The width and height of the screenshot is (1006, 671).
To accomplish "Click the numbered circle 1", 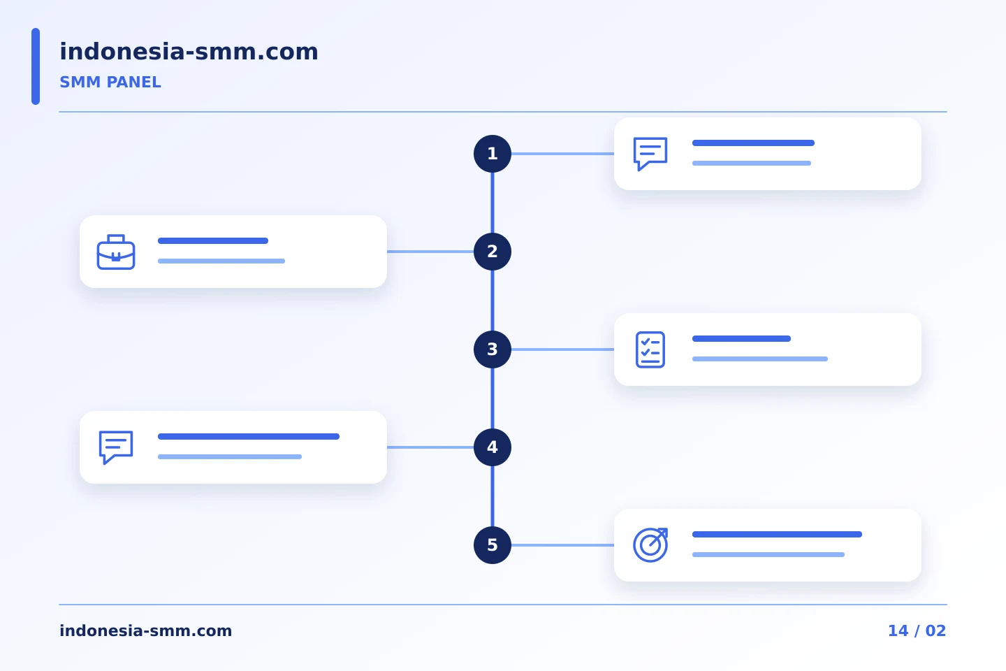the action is coord(493,154).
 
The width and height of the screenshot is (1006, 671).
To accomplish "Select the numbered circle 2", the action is coord(493,252).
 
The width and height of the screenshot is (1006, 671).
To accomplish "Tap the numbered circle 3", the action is coord(493,349).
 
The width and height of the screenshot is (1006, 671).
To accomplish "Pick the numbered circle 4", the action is coord(493,447).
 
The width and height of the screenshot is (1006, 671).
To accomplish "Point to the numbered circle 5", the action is coord(493,545).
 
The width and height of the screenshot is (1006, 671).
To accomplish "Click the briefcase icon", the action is coord(116,252).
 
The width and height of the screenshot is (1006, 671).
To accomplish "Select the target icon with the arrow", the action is coord(650,545).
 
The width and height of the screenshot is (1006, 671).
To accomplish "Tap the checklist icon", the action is coord(650,349).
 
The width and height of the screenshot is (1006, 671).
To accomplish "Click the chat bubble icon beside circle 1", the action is coord(650,154).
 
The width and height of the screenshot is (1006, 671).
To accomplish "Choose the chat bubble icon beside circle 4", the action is coord(116,447).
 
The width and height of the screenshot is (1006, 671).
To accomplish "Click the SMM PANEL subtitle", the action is coord(110,82).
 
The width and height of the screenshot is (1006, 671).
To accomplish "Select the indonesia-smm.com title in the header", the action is coord(189,51).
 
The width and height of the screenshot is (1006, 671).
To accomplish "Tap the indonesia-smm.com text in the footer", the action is coord(145,630).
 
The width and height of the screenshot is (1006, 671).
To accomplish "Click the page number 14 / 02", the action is coord(917,630).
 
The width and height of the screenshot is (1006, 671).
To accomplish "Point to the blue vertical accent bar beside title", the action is coord(36,66).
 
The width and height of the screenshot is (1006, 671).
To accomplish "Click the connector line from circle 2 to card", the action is coord(430,252).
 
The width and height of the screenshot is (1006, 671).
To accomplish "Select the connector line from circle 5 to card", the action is coord(563,545).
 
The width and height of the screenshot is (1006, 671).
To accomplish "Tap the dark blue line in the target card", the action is coord(777,535).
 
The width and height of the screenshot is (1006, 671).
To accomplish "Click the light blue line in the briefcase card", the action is coord(221,261).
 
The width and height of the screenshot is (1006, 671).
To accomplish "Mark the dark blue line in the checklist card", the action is coord(741,339).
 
